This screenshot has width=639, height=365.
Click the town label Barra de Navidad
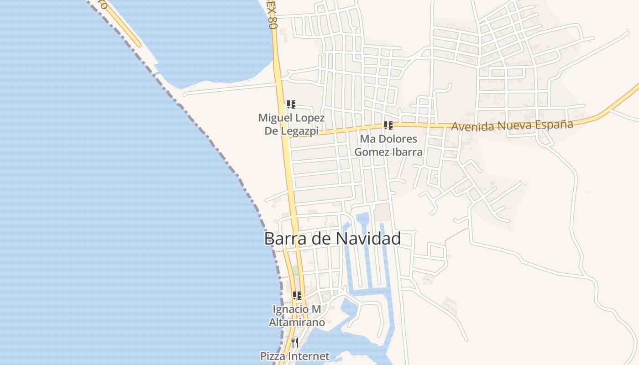point(332,239)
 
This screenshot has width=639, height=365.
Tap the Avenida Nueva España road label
point(512,125)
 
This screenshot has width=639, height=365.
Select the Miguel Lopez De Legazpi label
point(292,124)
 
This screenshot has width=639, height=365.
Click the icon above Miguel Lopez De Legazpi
point(291,104)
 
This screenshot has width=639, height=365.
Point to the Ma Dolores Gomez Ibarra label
point(388,145)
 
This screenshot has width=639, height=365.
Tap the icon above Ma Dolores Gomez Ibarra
point(388,125)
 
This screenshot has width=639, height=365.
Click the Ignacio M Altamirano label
point(297,316)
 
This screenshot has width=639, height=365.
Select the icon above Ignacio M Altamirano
point(297,296)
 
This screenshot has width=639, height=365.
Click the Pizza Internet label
point(294,356)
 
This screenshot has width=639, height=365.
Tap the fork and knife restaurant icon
point(295,342)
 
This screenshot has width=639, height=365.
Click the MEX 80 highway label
point(272,16)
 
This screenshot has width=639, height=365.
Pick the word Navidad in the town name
point(368,239)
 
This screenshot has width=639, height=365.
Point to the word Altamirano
point(297,322)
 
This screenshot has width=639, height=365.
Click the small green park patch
point(295,270)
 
